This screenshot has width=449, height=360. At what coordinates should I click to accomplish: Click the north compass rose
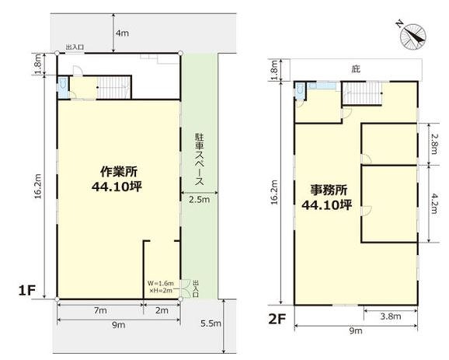point(412,37)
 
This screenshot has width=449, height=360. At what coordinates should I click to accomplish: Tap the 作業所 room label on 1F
point(119,171)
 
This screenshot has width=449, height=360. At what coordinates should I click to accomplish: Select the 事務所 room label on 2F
point(329,190)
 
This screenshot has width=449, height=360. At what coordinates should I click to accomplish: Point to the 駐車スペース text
point(200,159)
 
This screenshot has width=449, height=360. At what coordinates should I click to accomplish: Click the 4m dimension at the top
point(122,33)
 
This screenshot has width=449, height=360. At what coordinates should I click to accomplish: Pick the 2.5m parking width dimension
point(200,200)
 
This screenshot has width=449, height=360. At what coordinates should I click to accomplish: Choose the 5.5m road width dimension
point(211,323)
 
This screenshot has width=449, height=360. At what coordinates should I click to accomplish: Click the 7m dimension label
point(100,310)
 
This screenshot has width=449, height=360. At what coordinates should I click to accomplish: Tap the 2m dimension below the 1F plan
point(162,310)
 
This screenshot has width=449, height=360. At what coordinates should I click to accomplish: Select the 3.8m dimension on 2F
point(390,316)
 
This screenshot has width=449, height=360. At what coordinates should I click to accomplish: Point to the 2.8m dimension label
point(433,144)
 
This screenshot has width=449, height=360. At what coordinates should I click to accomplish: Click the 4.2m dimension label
point(433,204)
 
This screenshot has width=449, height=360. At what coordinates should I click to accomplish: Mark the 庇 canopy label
point(356,69)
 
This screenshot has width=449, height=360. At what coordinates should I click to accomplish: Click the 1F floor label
point(27,291)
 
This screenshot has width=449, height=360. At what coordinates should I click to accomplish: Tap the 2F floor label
point(277,319)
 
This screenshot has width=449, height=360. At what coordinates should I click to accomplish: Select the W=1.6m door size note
point(161,283)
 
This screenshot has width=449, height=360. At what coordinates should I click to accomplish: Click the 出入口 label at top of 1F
point(75,47)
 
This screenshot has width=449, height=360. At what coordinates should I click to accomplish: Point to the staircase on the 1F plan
point(114,87)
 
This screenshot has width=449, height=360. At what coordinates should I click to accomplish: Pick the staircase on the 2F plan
point(363,93)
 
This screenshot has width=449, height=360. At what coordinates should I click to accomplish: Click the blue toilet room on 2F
point(300,91)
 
